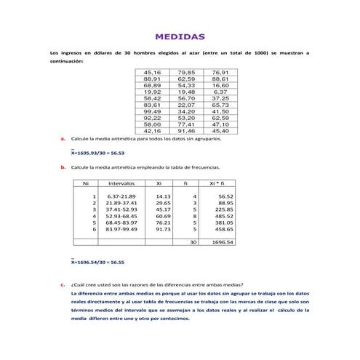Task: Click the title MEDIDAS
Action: [x=180, y=36]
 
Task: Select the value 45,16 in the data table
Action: [x=152, y=73]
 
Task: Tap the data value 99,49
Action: [x=152, y=111]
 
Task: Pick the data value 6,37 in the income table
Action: [x=220, y=92]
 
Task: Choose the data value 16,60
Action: [x=220, y=85]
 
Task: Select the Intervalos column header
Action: [x=121, y=183]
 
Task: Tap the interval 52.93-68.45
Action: [x=121, y=215]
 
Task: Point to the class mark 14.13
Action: [x=163, y=196]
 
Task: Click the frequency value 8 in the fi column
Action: [x=194, y=215]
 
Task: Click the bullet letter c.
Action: [x=64, y=284]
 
